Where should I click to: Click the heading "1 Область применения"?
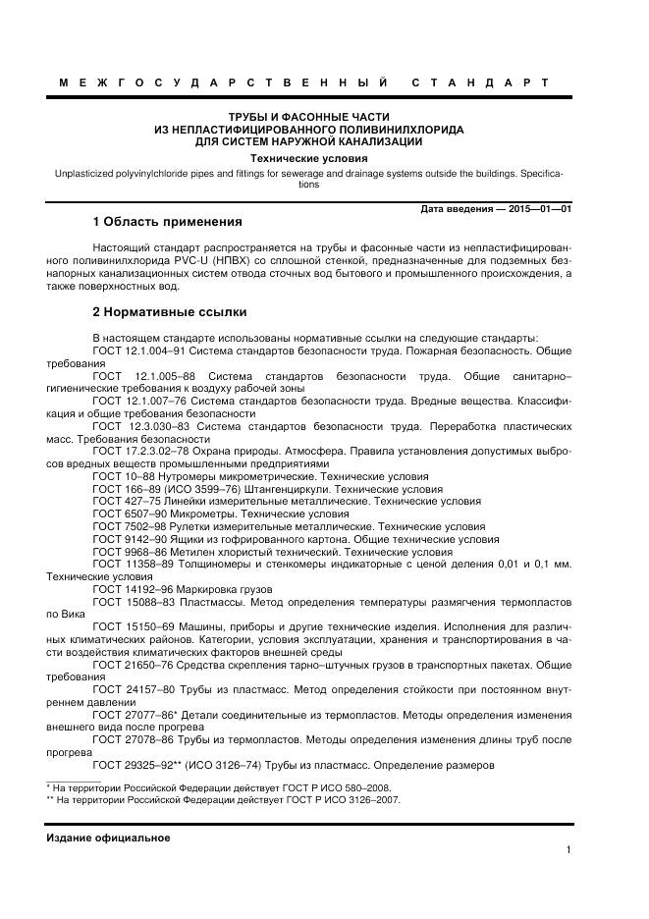(166, 221)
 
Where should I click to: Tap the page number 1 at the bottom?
(568, 850)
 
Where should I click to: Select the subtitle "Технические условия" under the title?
(308, 158)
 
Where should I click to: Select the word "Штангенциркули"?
(300, 488)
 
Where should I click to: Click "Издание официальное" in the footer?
(108, 838)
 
